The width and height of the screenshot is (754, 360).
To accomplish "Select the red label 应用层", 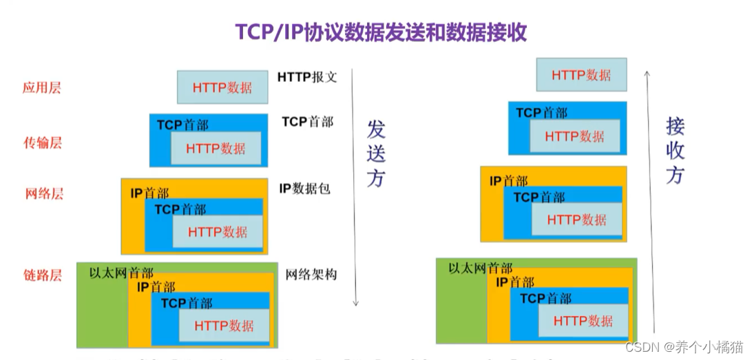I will pyautogui.click(x=42, y=87).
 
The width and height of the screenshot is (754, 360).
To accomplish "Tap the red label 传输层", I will pyautogui.click(x=43, y=142).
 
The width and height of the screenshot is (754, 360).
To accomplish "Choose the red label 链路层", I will pyautogui.click(x=43, y=275).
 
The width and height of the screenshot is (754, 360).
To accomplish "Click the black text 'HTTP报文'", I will pyautogui.click(x=307, y=76).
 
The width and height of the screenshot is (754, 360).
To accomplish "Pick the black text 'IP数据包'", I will pyautogui.click(x=304, y=188).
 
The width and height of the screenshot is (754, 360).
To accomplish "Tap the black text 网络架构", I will pyautogui.click(x=311, y=274).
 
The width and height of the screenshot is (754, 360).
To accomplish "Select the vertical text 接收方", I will pyautogui.click(x=675, y=150).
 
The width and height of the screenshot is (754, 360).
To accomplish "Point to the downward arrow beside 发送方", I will pyautogui.click(x=355, y=186).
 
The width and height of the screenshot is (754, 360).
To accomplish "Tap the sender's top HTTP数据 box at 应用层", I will pyautogui.click(x=222, y=87).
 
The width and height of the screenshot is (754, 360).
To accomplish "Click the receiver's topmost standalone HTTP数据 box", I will pyautogui.click(x=581, y=75).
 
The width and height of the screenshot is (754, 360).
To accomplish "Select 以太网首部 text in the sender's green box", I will pyautogui.click(x=121, y=273).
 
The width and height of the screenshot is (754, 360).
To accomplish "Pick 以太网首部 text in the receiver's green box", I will pyautogui.click(x=480, y=268).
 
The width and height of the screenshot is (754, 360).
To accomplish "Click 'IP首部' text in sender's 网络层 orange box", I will pyautogui.click(x=149, y=194).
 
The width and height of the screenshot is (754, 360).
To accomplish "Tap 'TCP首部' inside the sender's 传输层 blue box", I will pyautogui.click(x=182, y=125).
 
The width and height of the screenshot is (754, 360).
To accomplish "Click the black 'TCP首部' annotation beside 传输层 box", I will pyautogui.click(x=307, y=122).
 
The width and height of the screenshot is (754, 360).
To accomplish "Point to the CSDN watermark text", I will pyautogui.click(x=684, y=348).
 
